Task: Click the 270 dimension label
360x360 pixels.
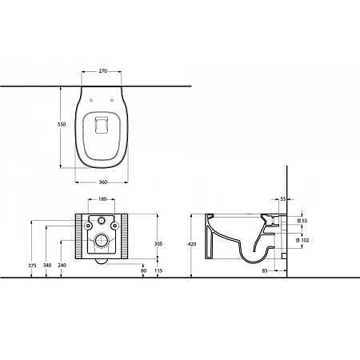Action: tap(103, 71)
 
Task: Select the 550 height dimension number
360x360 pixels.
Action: tap(62, 124)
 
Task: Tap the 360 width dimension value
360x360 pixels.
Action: tap(103, 182)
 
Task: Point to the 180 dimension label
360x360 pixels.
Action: tap(102, 198)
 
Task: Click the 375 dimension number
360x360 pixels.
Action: tap(32, 266)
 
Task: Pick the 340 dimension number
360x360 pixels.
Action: tap(47, 266)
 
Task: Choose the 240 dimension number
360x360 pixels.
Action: tap(62, 266)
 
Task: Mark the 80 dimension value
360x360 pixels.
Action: tap(144, 270)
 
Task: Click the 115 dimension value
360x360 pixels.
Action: tap(158, 270)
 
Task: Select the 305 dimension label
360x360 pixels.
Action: tap(158, 243)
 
